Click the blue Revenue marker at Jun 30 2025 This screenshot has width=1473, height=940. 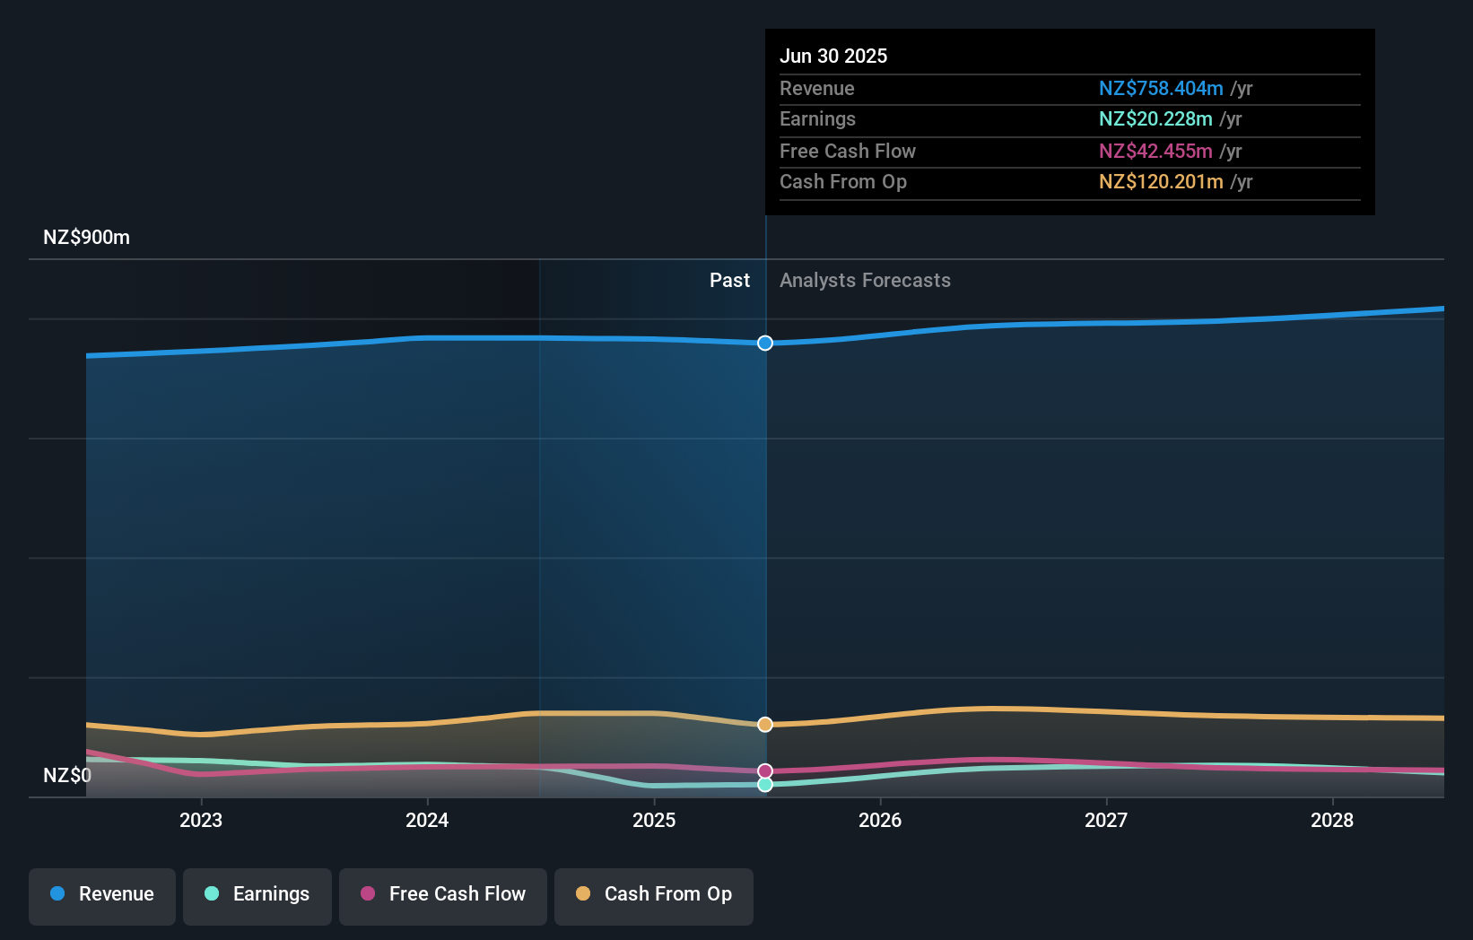pyautogui.click(x=765, y=343)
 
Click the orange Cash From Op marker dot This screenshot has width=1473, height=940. pyautogui.click(x=765, y=724)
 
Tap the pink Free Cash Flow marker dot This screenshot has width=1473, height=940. pyautogui.click(x=765, y=771)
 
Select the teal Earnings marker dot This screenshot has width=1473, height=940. pyautogui.click(x=765, y=785)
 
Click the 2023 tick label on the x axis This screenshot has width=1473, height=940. pyautogui.click(x=201, y=820)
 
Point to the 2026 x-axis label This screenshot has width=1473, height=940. pyautogui.click(x=880, y=820)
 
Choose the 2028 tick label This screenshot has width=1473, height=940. pyautogui.click(x=1332, y=820)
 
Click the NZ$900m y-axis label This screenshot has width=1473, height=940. pyautogui.click(x=86, y=238)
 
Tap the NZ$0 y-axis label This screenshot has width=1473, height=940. pyautogui.click(x=67, y=775)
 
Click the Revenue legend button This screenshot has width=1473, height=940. pyautogui.click(x=102, y=894)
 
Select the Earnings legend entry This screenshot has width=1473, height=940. pyautogui.click(x=257, y=894)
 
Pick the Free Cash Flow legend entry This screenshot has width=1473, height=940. pyautogui.click(x=443, y=894)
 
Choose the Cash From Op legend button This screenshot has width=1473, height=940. pyautogui.click(x=654, y=894)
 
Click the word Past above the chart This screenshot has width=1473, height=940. pyautogui.click(x=729, y=281)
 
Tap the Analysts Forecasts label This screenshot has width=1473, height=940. pyautogui.click(x=865, y=281)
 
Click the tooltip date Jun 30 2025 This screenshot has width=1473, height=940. pyautogui.click(x=833, y=56)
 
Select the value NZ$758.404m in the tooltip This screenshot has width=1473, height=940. pyautogui.click(x=1161, y=89)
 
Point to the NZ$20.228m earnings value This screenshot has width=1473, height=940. pyautogui.click(x=1155, y=119)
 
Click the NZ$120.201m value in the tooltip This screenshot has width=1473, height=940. pyautogui.click(x=1161, y=182)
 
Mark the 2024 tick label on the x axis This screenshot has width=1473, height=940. pyautogui.click(x=427, y=820)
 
